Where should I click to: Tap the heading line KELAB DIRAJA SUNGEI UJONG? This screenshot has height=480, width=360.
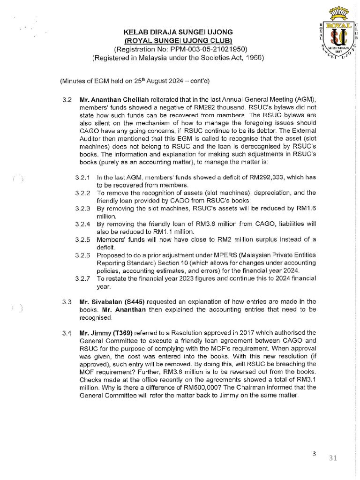pos(178,32)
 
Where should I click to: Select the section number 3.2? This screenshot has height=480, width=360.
pos(67,101)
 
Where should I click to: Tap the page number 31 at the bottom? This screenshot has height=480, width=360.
pos(333,458)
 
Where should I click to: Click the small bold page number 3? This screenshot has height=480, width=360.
pos(315,453)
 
